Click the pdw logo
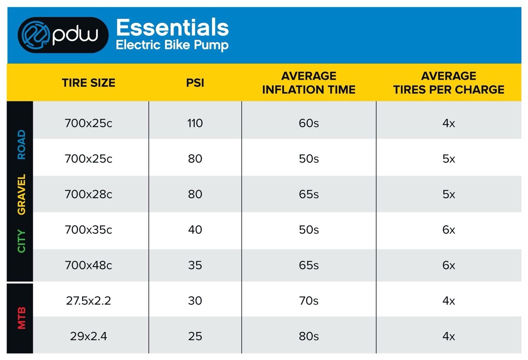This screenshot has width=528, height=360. click(63, 35)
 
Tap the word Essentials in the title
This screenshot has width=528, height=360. click(172, 28)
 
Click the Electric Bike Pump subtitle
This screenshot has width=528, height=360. click(172, 45)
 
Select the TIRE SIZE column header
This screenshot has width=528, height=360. click(89, 83)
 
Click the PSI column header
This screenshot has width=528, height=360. click(195, 83)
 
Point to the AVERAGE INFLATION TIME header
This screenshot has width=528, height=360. click(309, 83)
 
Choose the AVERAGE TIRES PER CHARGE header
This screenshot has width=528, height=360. click(448, 83)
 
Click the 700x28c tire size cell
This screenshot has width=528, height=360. click(88, 194)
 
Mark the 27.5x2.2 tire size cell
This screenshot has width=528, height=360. click(88, 301)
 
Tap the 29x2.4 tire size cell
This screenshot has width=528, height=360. click(88, 336)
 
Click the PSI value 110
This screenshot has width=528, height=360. click(195, 123)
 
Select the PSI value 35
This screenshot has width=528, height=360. click(195, 265)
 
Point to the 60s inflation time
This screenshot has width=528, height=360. click(309, 123)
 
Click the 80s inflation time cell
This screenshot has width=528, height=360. click(309, 336)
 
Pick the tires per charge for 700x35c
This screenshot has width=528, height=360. click(448, 230)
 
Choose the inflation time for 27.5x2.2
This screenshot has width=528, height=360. click(309, 301)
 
